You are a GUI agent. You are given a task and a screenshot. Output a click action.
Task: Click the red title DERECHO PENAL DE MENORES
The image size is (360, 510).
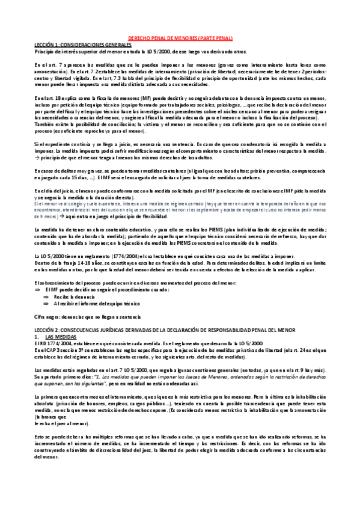pos(181,37)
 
